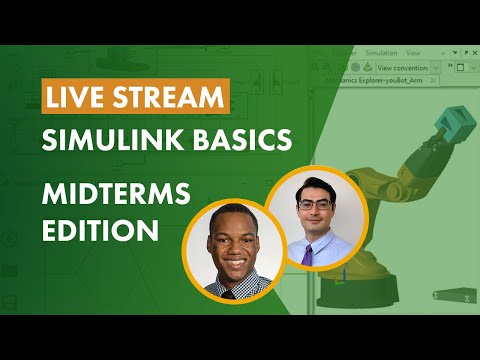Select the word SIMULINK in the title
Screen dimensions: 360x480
(x=111, y=141)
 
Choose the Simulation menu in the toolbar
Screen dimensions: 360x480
(x=380, y=52)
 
